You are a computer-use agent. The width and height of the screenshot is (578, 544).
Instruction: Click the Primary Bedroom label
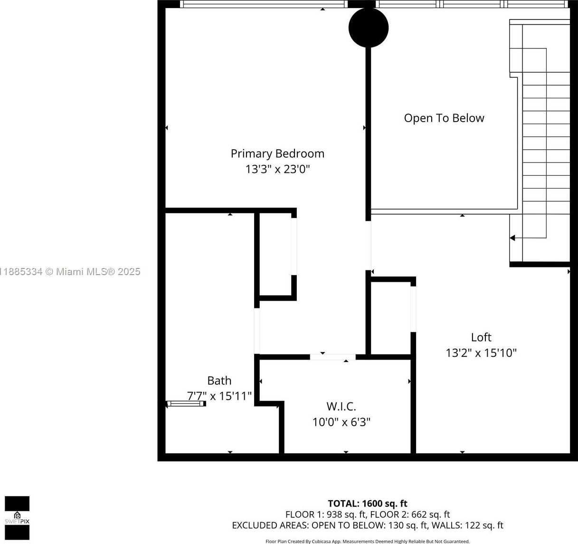277,154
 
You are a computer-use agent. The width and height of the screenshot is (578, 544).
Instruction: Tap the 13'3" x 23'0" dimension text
278,169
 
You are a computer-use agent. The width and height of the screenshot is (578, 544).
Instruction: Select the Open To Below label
444,118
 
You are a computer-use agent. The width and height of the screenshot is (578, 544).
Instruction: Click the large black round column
369,28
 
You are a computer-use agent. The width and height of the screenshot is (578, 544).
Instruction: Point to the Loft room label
481,337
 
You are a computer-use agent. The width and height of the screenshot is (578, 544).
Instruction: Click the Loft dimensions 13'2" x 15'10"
481,353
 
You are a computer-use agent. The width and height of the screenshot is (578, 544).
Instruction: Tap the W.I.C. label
341,407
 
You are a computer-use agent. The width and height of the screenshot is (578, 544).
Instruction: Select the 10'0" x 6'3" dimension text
341,422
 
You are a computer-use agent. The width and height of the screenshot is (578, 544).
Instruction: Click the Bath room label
219,381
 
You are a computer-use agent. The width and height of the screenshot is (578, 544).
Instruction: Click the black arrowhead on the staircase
512,238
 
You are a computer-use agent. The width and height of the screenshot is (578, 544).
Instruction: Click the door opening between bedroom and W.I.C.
332,357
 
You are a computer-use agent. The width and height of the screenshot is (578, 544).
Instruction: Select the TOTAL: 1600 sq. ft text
368,504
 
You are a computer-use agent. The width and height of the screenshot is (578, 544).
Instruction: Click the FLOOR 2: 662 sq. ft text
410,515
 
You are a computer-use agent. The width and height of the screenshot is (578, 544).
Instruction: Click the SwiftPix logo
17,518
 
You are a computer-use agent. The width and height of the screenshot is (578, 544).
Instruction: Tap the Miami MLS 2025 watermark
70,272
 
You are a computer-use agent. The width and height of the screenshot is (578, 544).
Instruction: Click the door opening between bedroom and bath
257,331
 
